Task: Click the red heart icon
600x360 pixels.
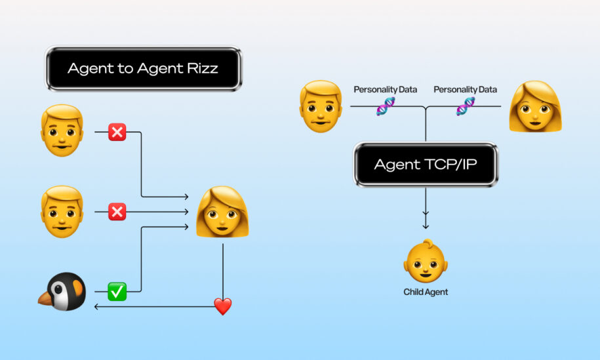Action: pos(223,306)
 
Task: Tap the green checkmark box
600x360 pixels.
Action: pos(117,292)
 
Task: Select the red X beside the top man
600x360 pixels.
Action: pos(117,132)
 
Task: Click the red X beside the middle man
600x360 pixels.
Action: pos(117,212)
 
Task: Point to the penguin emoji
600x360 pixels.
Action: pos(62,291)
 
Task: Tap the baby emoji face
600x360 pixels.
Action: pos(426,261)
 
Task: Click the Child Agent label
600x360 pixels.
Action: pos(426,292)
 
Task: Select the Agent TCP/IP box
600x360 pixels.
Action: pos(426,164)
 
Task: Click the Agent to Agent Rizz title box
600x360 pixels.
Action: pos(144,68)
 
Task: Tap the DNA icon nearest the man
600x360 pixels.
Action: pos(386,106)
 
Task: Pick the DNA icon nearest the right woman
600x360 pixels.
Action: pos(466,106)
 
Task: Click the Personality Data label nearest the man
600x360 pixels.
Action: pos(386,90)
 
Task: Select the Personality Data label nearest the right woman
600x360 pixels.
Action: pos(466,90)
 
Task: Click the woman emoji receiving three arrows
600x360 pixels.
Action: pos(222,212)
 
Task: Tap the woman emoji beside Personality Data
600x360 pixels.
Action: pos(535,106)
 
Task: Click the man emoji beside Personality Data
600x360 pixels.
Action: pos(321,106)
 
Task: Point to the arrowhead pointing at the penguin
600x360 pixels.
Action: pos(96,306)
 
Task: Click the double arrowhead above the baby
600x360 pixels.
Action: pos(426,220)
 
